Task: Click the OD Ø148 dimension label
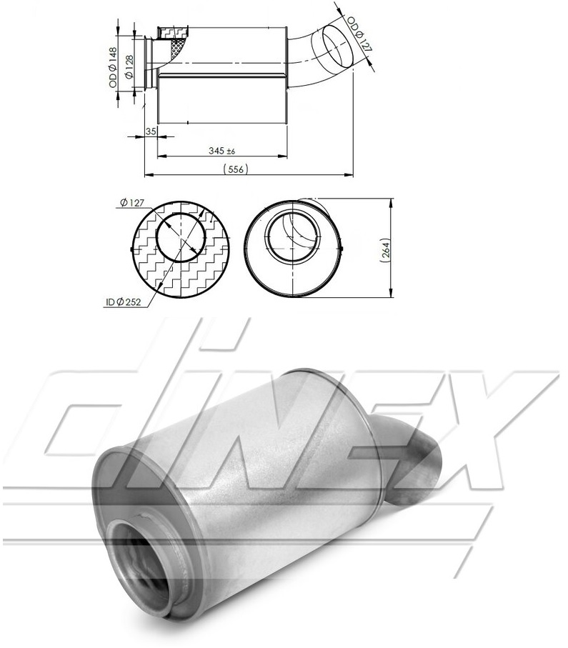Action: [113, 67]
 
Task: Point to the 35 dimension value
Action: [151, 131]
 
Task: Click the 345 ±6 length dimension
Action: [222, 151]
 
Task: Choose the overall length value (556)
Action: [236, 169]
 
